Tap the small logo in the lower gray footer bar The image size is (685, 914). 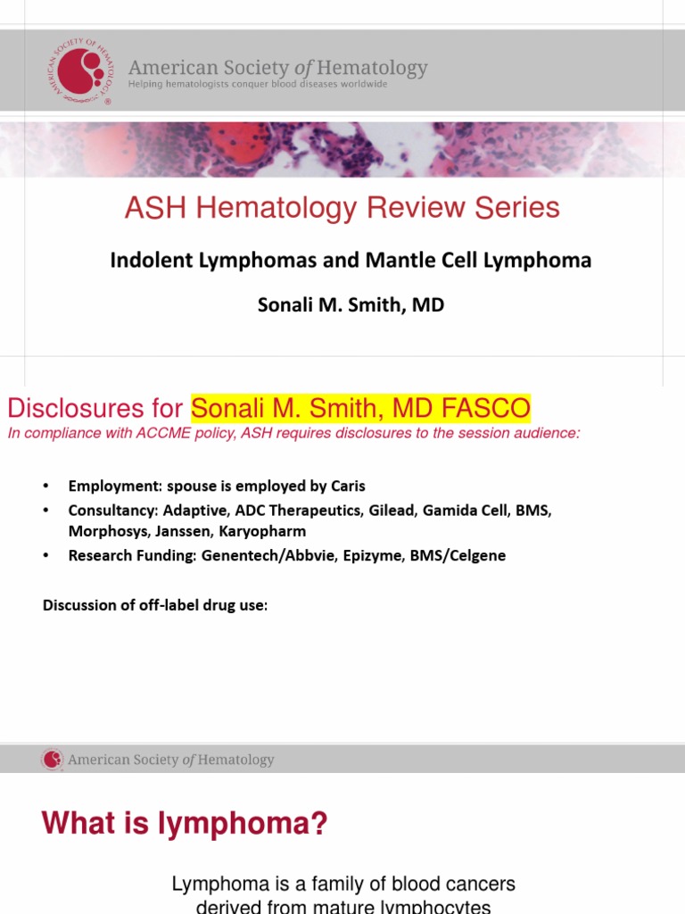53,760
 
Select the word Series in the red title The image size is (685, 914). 517,208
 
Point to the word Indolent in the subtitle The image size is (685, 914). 146,261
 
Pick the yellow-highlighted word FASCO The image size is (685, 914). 494,410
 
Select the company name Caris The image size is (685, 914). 347,486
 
